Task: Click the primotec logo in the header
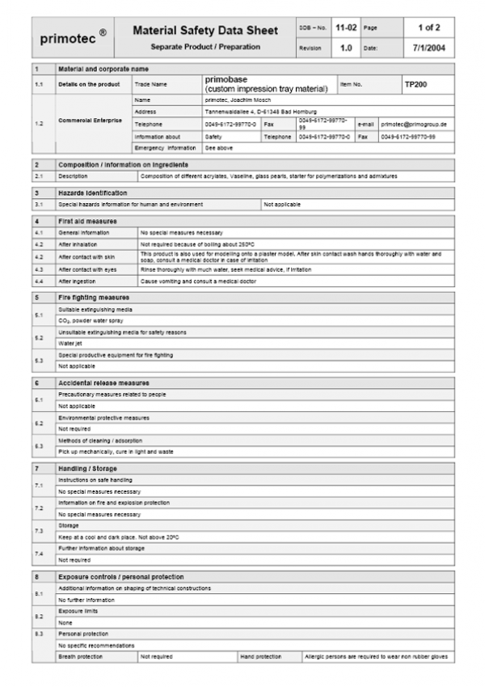(x=73, y=37)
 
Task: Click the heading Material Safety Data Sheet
(x=205, y=31)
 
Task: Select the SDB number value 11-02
(x=346, y=28)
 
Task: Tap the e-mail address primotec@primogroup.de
(x=414, y=125)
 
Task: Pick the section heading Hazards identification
(x=92, y=193)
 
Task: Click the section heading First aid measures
(x=87, y=221)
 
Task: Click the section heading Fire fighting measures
(x=92, y=298)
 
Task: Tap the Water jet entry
(x=70, y=343)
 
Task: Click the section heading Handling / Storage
(x=87, y=469)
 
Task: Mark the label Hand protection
(x=260, y=656)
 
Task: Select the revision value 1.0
(x=346, y=48)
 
